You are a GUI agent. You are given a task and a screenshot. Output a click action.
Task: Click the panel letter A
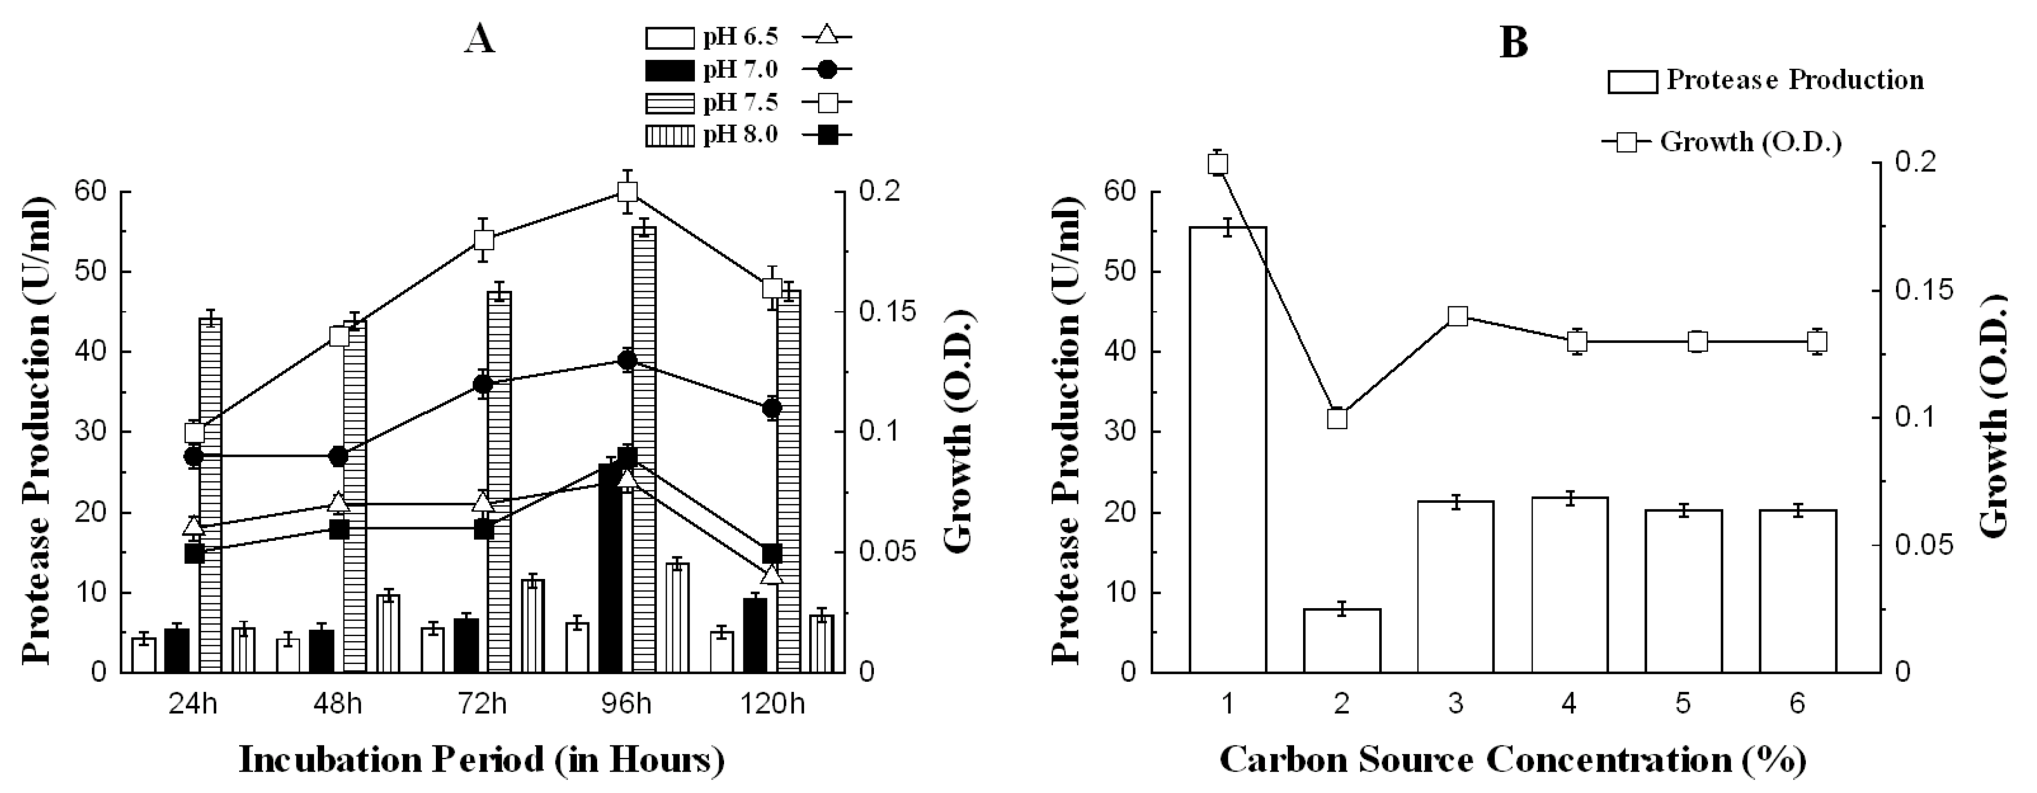[480, 38]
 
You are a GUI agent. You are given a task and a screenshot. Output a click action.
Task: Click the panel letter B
[1513, 41]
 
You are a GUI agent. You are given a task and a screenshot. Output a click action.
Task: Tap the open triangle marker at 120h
[772, 574]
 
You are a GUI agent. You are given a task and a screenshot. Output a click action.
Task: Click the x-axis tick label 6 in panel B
[1797, 703]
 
